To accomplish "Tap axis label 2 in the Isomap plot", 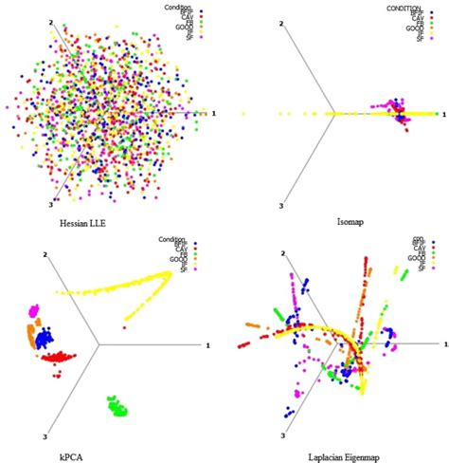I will click(280, 23).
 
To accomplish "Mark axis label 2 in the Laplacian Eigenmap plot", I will click(280, 254).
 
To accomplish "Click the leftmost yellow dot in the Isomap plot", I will click(244, 114).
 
